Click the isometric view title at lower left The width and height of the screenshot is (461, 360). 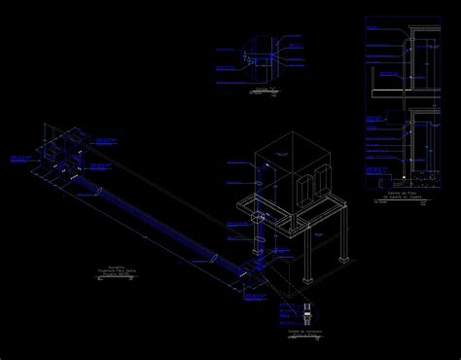(118, 271)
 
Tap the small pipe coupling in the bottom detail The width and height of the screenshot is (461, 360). (307, 313)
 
